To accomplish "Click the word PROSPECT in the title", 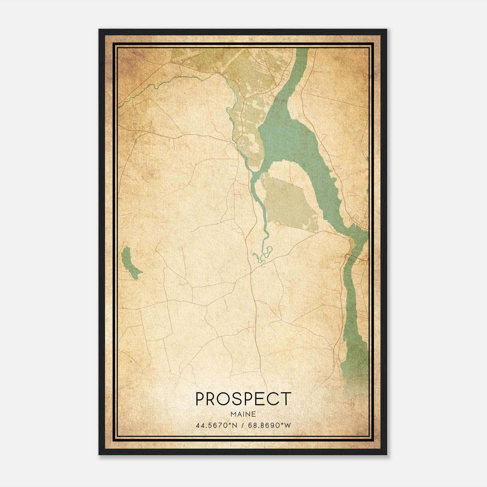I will [243, 399].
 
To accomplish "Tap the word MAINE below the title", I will [243, 414].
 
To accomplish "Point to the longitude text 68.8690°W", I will [270, 425].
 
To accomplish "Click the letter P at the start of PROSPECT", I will [200, 399].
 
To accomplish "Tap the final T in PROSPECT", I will [286, 399].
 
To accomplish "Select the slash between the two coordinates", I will [242, 425].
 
